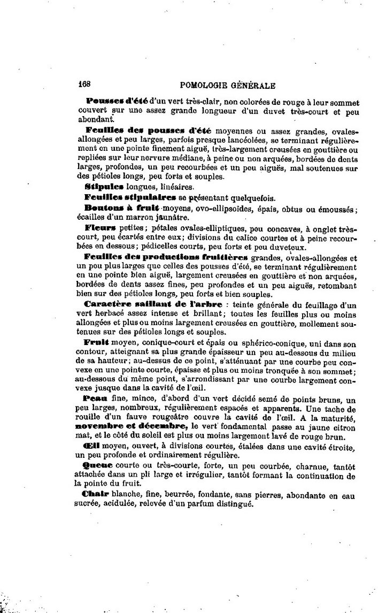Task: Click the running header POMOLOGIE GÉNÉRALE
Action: click(228, 85)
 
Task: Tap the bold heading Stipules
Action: click(104, 187)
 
